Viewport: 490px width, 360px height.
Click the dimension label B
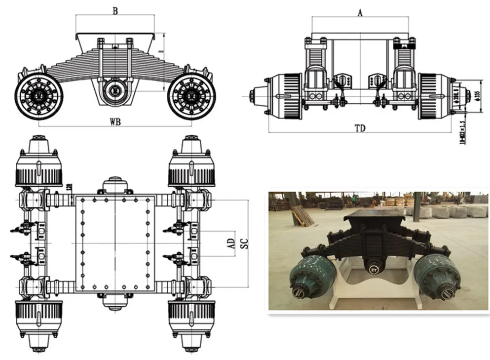click(115, 11)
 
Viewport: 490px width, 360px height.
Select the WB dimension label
click(115, 120)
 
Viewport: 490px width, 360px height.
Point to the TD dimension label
click(360, 128)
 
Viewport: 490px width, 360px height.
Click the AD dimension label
click(230, 243)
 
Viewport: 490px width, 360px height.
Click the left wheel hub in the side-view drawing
click(38, 96)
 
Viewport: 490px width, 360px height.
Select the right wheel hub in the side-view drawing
click(191, 96)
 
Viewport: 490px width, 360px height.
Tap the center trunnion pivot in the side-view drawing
click(115, 90)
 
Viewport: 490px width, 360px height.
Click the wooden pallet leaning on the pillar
click(302, 215)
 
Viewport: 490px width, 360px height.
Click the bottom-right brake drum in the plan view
click(191, 316)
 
